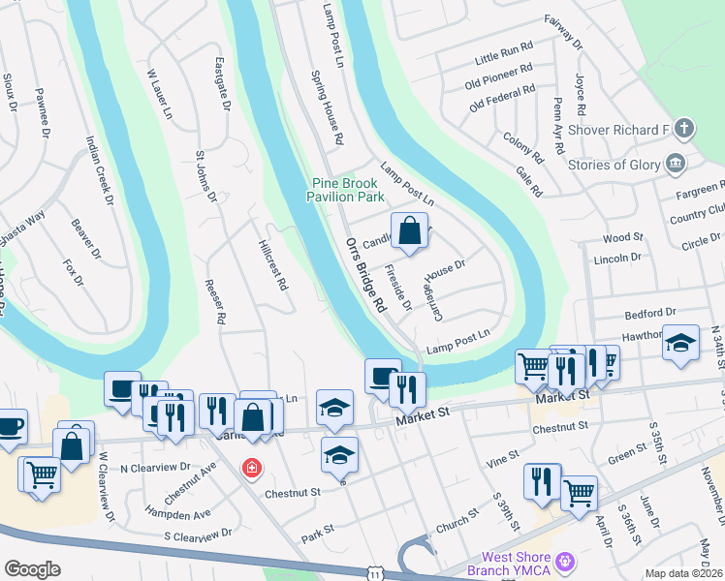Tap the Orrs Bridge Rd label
click(364, 275)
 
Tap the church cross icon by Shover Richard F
click(684, 129)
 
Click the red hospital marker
click(252, 468)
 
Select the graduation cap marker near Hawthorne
click(681, 343)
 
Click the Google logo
click(32, 569)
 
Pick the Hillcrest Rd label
click(274, 265)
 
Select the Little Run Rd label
click(504, 52)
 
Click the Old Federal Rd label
click(501, 97)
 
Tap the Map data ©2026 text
click(682, 573)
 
